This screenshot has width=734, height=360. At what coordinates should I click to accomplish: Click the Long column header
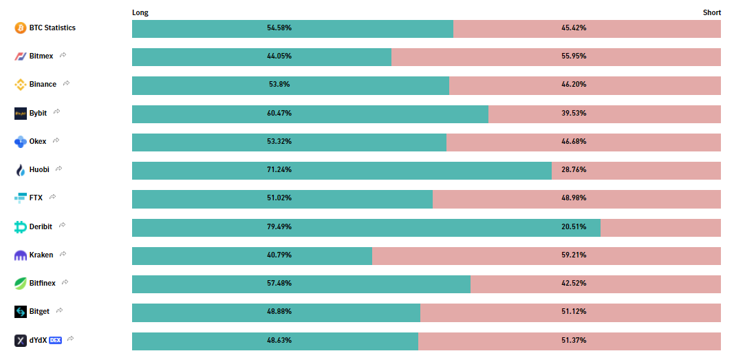tap(140, 12)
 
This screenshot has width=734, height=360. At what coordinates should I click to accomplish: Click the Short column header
tap(711, 12)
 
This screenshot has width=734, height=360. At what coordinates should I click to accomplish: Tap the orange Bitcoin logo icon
tap(20, 28)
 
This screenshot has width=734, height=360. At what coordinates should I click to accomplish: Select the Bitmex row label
tap(41, 56)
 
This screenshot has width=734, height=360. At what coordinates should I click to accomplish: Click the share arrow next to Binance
tap(67, 83)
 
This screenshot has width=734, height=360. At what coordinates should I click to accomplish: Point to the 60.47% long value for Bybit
tap(279, 114)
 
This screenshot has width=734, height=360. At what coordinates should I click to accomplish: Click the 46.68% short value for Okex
tap(574, 141)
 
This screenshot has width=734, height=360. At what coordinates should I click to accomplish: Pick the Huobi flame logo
tap(20, 170)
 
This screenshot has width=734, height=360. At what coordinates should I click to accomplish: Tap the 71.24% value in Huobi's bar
tap(279, 170)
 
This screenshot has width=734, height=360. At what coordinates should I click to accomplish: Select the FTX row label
tap(36, 198)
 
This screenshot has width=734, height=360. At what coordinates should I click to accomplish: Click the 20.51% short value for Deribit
tap(574, 226)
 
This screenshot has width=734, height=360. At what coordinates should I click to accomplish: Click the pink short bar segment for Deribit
tap(660, 228)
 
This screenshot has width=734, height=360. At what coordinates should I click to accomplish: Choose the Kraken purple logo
tap(20, 255)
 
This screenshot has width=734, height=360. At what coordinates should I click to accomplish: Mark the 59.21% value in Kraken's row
tap(574, 255)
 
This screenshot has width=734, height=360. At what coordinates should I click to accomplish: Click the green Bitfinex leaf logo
tap(20, 284)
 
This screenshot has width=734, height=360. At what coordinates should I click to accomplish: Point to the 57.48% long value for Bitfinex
tap(279, 283)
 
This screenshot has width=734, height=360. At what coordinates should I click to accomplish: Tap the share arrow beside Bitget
tap(59, 310)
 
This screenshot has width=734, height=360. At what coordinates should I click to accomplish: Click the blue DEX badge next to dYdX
tap(55, 340)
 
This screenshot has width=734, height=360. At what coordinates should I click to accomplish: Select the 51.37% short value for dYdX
tap(574, 340)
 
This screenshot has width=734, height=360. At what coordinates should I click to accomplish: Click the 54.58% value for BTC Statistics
tap(279, 28)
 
